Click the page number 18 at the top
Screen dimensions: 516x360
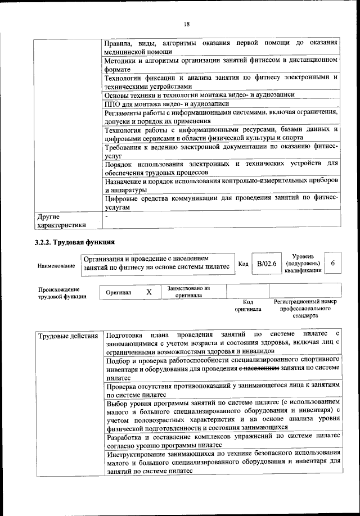tap(186, 23)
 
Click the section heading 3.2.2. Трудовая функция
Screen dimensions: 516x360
tap(75, 243)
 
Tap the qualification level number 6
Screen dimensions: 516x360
tap(334, 263)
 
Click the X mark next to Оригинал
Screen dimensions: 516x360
tap(149, 292)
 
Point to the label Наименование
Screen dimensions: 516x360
tap(56, 265)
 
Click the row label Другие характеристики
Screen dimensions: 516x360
tap(61, 221)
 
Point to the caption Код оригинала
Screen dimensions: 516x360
tap(248, 305)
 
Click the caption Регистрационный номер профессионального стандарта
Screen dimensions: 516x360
tap(305, 309)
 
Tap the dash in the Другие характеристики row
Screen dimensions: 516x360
tap(106, 216)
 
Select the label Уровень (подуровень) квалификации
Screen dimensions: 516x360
tap(303, 262)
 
